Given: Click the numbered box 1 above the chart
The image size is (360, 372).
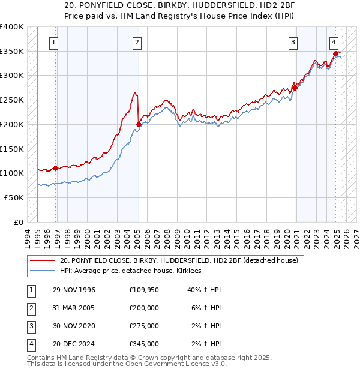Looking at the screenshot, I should pyautogui.click(x=55, y=42).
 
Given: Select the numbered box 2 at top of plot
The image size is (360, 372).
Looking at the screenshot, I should pyautogui.click(x=137, y=42).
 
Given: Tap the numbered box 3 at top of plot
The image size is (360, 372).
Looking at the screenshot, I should pyautogui.click(x=293, y=42).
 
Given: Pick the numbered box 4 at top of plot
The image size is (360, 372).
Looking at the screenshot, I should pyautogui.click(x=334, y=42).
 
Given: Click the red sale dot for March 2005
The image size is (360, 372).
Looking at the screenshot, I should pyautogui.click(x=139, y=124).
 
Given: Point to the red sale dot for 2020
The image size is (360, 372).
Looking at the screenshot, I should pyautogui.click(x=295, y=88).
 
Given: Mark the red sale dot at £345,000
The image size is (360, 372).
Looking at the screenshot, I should pyautogui.click(x=335, y=53).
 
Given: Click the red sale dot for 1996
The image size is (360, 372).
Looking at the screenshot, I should pyautogui.click(x=56, y=168).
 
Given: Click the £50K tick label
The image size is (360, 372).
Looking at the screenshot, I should pyautogui.click(x=14, y=197).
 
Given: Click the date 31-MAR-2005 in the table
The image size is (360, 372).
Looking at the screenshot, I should pyautogui.click(x=74, y=308).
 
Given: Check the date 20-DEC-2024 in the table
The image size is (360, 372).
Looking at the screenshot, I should pyautogui.click(x=74, y=344).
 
